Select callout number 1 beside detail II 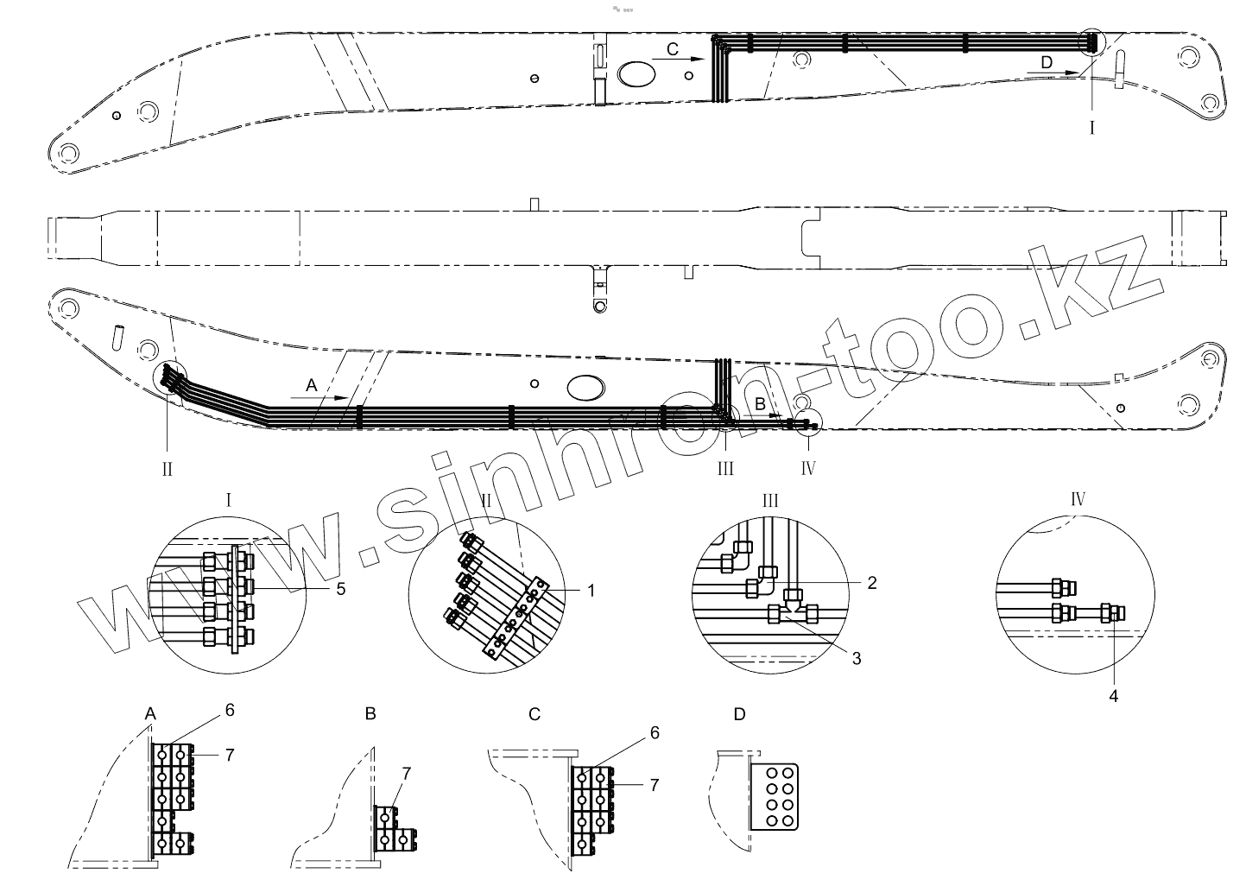click(591, 591)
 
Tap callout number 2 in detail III click(872, 583)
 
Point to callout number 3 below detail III click(857, 658)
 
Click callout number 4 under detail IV click(1113, 696)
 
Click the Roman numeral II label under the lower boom click(168, 469)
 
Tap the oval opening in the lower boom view click(585, 388)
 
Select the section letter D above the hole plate click(739, 714)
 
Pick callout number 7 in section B click(406, 773)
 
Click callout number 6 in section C click(655, 732)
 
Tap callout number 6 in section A click(230, 710)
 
